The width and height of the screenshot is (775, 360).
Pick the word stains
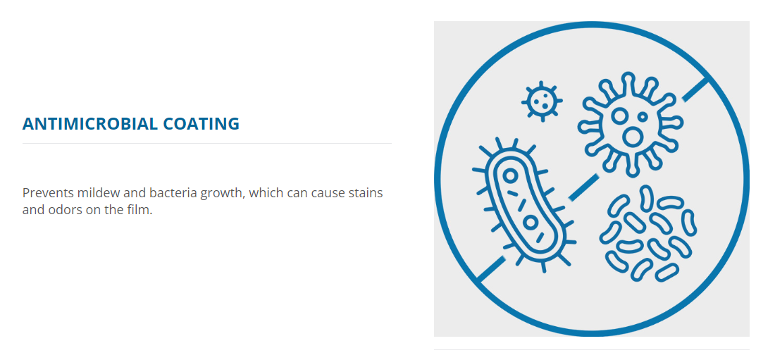click(x=367, y=193)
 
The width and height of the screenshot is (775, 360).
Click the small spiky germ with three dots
click(x=542, y=101)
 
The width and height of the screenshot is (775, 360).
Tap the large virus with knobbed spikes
click(x=630, y=123)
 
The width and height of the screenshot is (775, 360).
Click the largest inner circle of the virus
click(x=632, y=137)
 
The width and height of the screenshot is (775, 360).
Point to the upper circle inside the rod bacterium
click(x=511, y=175)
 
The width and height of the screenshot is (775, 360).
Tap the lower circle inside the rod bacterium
click(x=531, y=223)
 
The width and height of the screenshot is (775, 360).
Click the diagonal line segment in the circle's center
click(x=583, y=187)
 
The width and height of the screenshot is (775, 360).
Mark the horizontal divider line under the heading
click(x=207, y=144)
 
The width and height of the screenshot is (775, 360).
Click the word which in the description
click(x=267, y=193)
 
